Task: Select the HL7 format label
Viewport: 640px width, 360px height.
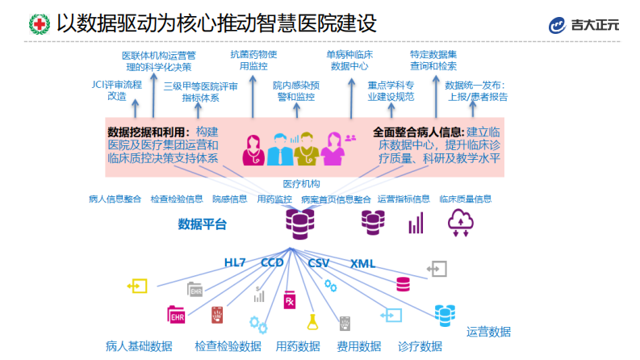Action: [x=235, y=263]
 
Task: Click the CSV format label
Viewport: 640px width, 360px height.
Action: [x=319, y=263]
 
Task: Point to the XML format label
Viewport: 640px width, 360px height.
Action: [x=362, y=263]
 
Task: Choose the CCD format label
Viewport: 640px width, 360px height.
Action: [x=272, y=263]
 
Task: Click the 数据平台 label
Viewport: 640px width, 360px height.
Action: [x=203, y=224]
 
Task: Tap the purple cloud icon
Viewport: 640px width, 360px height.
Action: [x=460, y=221]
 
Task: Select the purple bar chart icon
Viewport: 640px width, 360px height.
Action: [x=416, y=223]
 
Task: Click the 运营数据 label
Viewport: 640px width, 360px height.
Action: [x=488, y=332]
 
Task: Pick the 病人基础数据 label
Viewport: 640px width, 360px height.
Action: [x=139, y=346]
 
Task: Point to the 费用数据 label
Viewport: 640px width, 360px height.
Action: [x=358, y=346]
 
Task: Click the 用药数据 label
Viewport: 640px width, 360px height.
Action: [x=298, y=346]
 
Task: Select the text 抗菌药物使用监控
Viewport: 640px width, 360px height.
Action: [x=253, y=61]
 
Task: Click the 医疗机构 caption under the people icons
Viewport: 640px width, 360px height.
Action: [x=301, y=184]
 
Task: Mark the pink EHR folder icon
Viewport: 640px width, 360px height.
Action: [x=176, y=314]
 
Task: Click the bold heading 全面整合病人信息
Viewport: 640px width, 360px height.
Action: [x=418, y=131]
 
